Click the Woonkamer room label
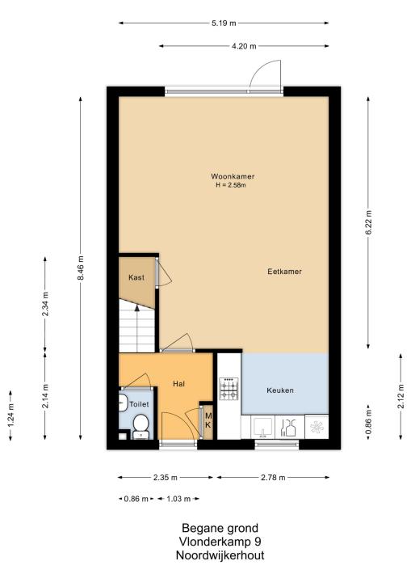tap(233, 176)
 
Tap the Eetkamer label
tap(284, 272)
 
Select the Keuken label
tap(280, 390)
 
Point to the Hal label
tap(178, 384)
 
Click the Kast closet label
tap(136, 277)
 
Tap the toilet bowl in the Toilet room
tap(140, 426)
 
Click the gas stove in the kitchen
tap(229, 389)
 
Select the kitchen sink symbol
tap(263, 427)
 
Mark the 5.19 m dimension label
tap(224, 23)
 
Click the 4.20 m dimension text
tap(244, 46)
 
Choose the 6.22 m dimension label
tap(368, 223)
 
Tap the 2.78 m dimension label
tap(273, 478)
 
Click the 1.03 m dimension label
tap(178, 499)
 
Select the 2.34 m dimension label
tap(45, 304)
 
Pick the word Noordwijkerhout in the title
tap(220, 555)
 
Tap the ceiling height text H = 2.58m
tap(231, 185)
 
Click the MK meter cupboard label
tap(208, 420)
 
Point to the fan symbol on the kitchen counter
tap(317, 428)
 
